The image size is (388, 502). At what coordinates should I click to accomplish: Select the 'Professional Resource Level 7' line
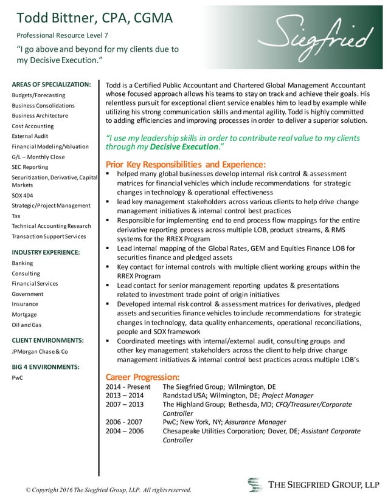click(62, 35)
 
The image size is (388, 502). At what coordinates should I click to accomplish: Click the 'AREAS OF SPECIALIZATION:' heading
click(52, 84)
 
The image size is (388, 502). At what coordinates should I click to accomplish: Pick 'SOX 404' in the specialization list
click(24, 195)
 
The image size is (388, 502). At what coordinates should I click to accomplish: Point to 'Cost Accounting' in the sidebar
click(33, 126)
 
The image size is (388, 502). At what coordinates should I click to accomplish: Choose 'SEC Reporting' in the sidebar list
click(30, 167)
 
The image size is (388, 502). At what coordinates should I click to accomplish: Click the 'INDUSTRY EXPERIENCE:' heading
click(46, 252)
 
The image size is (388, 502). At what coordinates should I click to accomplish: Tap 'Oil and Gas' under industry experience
click(27, 325)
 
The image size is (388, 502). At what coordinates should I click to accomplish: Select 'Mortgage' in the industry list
click(24, 314)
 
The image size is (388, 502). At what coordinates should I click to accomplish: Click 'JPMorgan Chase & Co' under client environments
click(40, 351)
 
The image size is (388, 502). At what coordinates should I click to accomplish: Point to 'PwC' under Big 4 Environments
click(18, 377)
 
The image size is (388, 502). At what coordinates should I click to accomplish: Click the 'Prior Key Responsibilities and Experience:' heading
click(185, 164)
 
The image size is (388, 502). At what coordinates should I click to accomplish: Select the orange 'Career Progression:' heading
click(143, 377)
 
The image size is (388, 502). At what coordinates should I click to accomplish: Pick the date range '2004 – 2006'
click(125, 431)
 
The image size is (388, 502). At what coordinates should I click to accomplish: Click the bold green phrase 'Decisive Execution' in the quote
click(184, 147)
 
